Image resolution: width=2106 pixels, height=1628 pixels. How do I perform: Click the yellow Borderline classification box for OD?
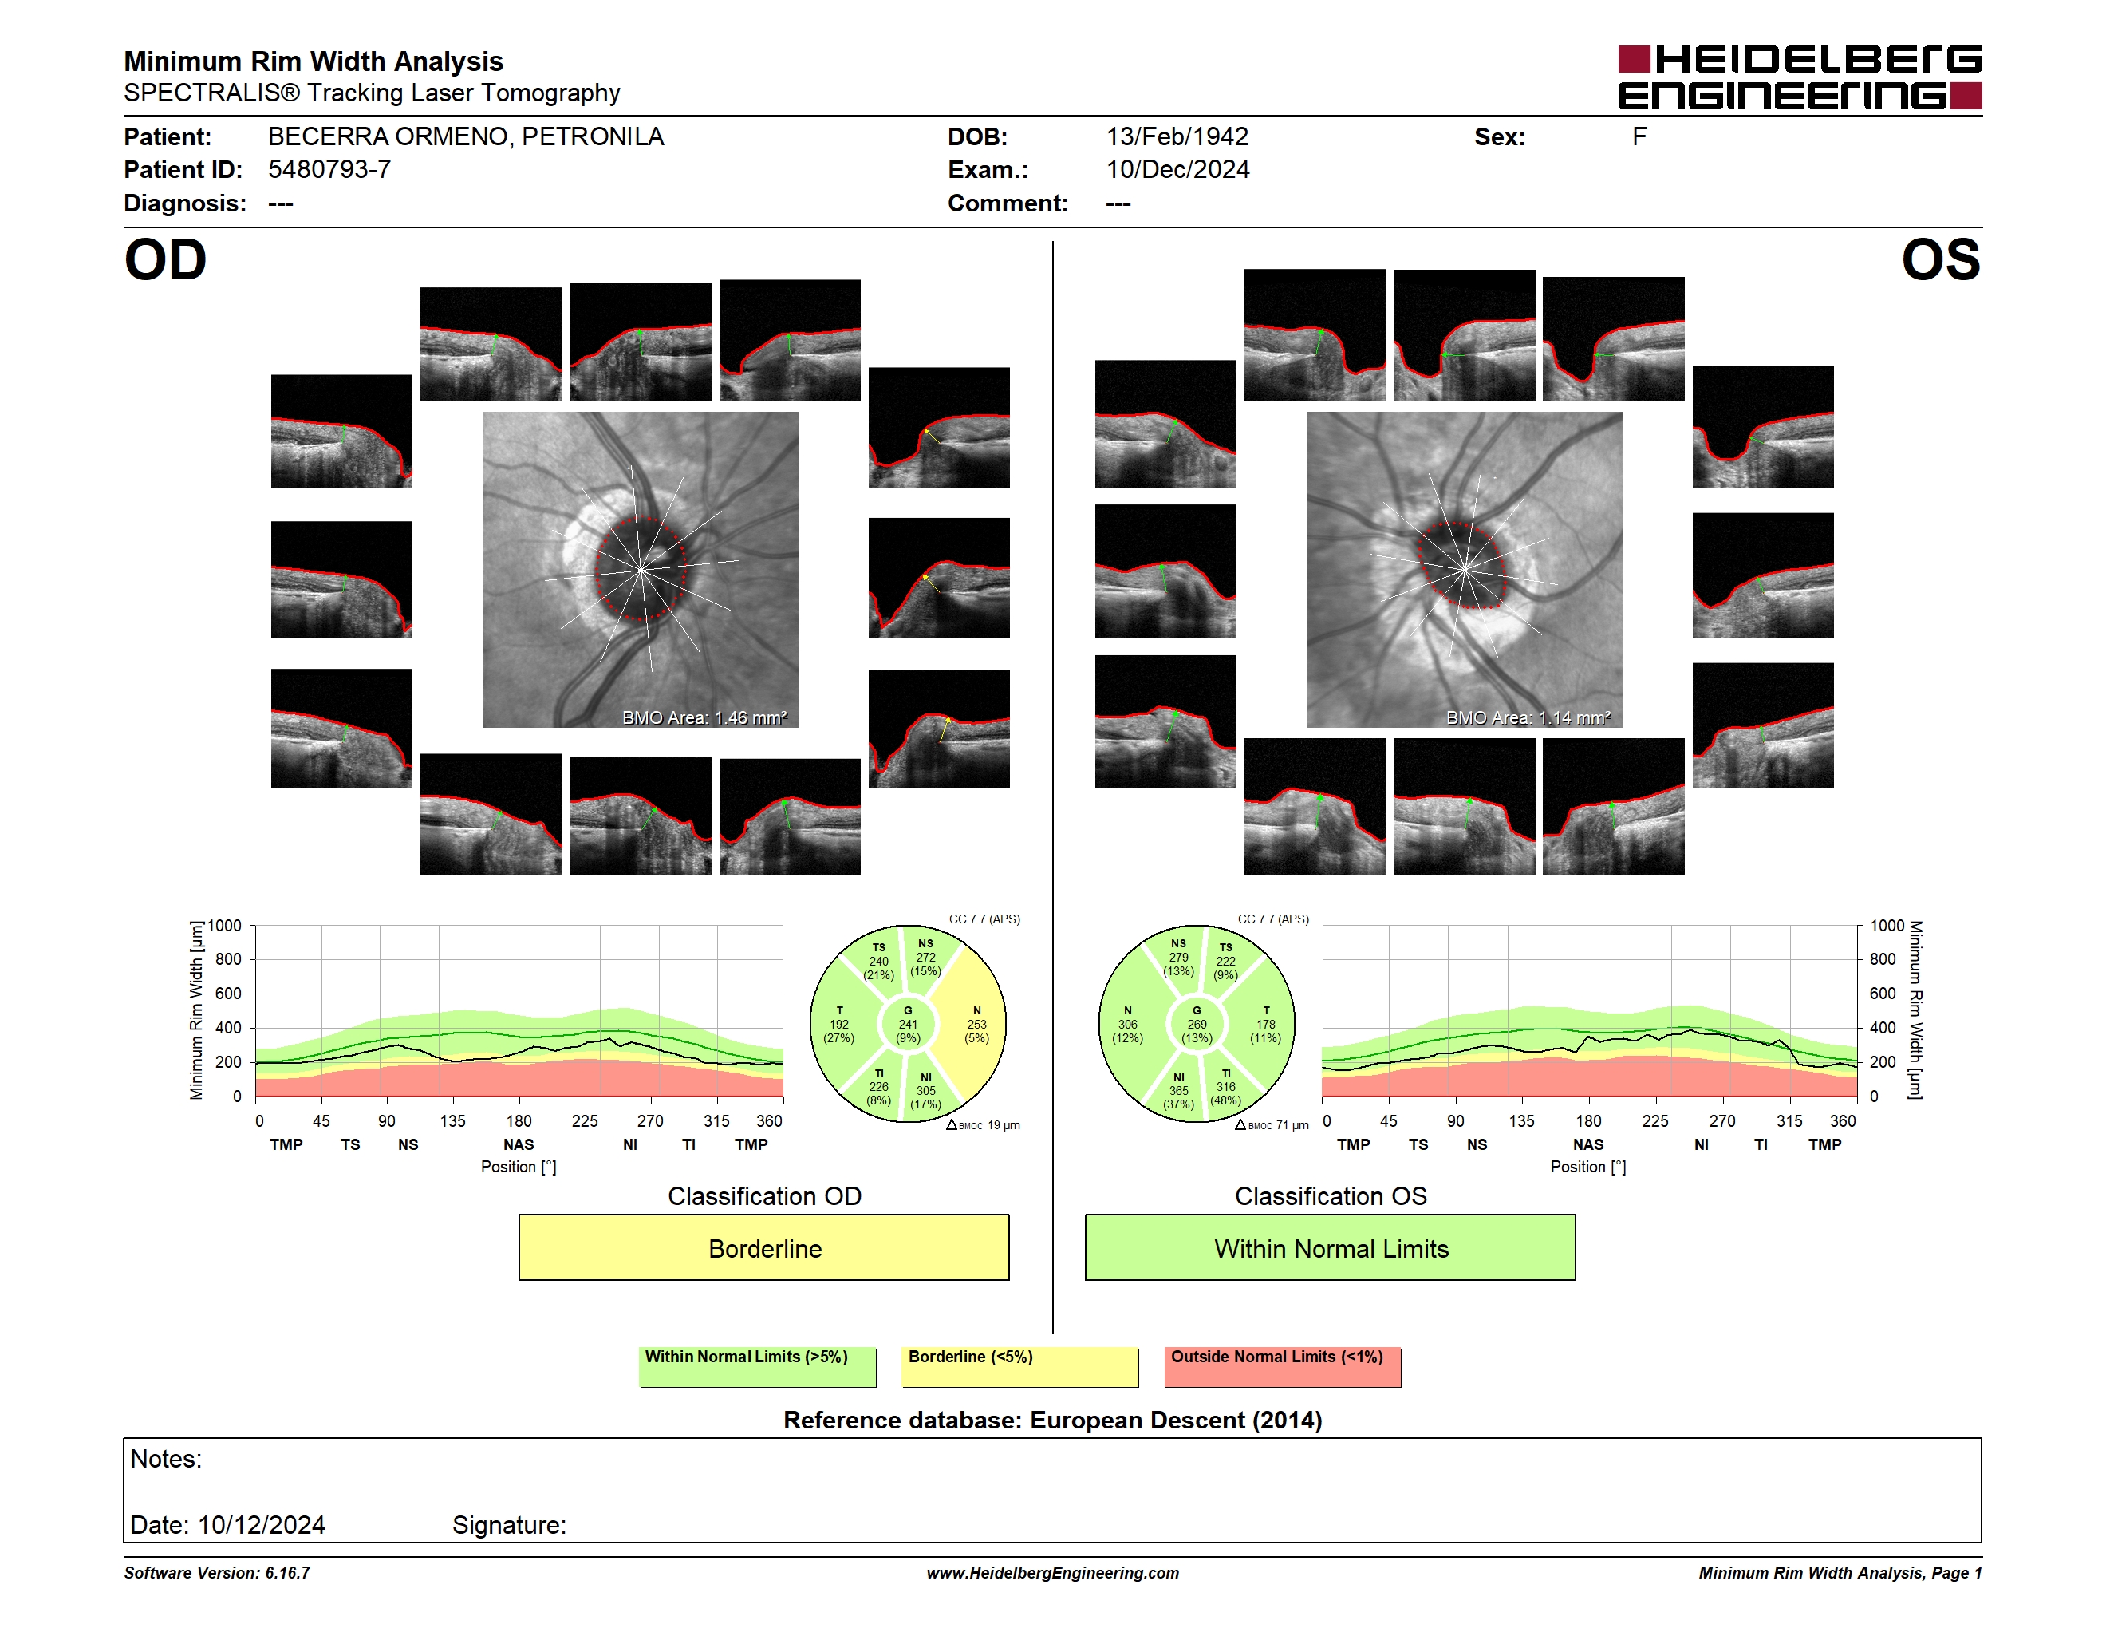point(763,1247)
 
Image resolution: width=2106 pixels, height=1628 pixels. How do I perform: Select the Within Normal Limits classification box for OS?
point(1331,1247)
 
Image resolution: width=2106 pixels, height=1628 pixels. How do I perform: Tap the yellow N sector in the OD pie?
point(974,1024)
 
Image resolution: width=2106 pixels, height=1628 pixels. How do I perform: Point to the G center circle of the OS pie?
point(1197,1024)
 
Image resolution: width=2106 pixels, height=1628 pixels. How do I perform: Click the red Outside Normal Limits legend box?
point(1283,1366)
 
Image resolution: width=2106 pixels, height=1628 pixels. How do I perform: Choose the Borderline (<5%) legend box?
point(1020,1366)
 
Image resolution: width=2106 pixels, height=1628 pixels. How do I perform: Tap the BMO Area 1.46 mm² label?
point(704,717)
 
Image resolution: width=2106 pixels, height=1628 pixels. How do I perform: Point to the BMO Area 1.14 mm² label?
point(1528,717)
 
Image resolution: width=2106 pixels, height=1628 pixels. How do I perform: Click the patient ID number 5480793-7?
point(329,170)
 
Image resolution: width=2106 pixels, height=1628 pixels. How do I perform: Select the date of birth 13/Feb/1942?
point(1177,137)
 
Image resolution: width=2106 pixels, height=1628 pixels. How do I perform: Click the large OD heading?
point(166,260)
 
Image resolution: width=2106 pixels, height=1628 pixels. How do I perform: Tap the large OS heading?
point(1940,260)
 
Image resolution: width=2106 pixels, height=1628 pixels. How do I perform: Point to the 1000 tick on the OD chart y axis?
point(225,926)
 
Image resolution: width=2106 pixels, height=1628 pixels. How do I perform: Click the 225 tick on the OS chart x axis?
point(1654,1120)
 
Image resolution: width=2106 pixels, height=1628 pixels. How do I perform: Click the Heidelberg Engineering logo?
point(1800,77)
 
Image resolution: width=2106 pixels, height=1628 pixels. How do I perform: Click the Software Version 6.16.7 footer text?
point(217,1573)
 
